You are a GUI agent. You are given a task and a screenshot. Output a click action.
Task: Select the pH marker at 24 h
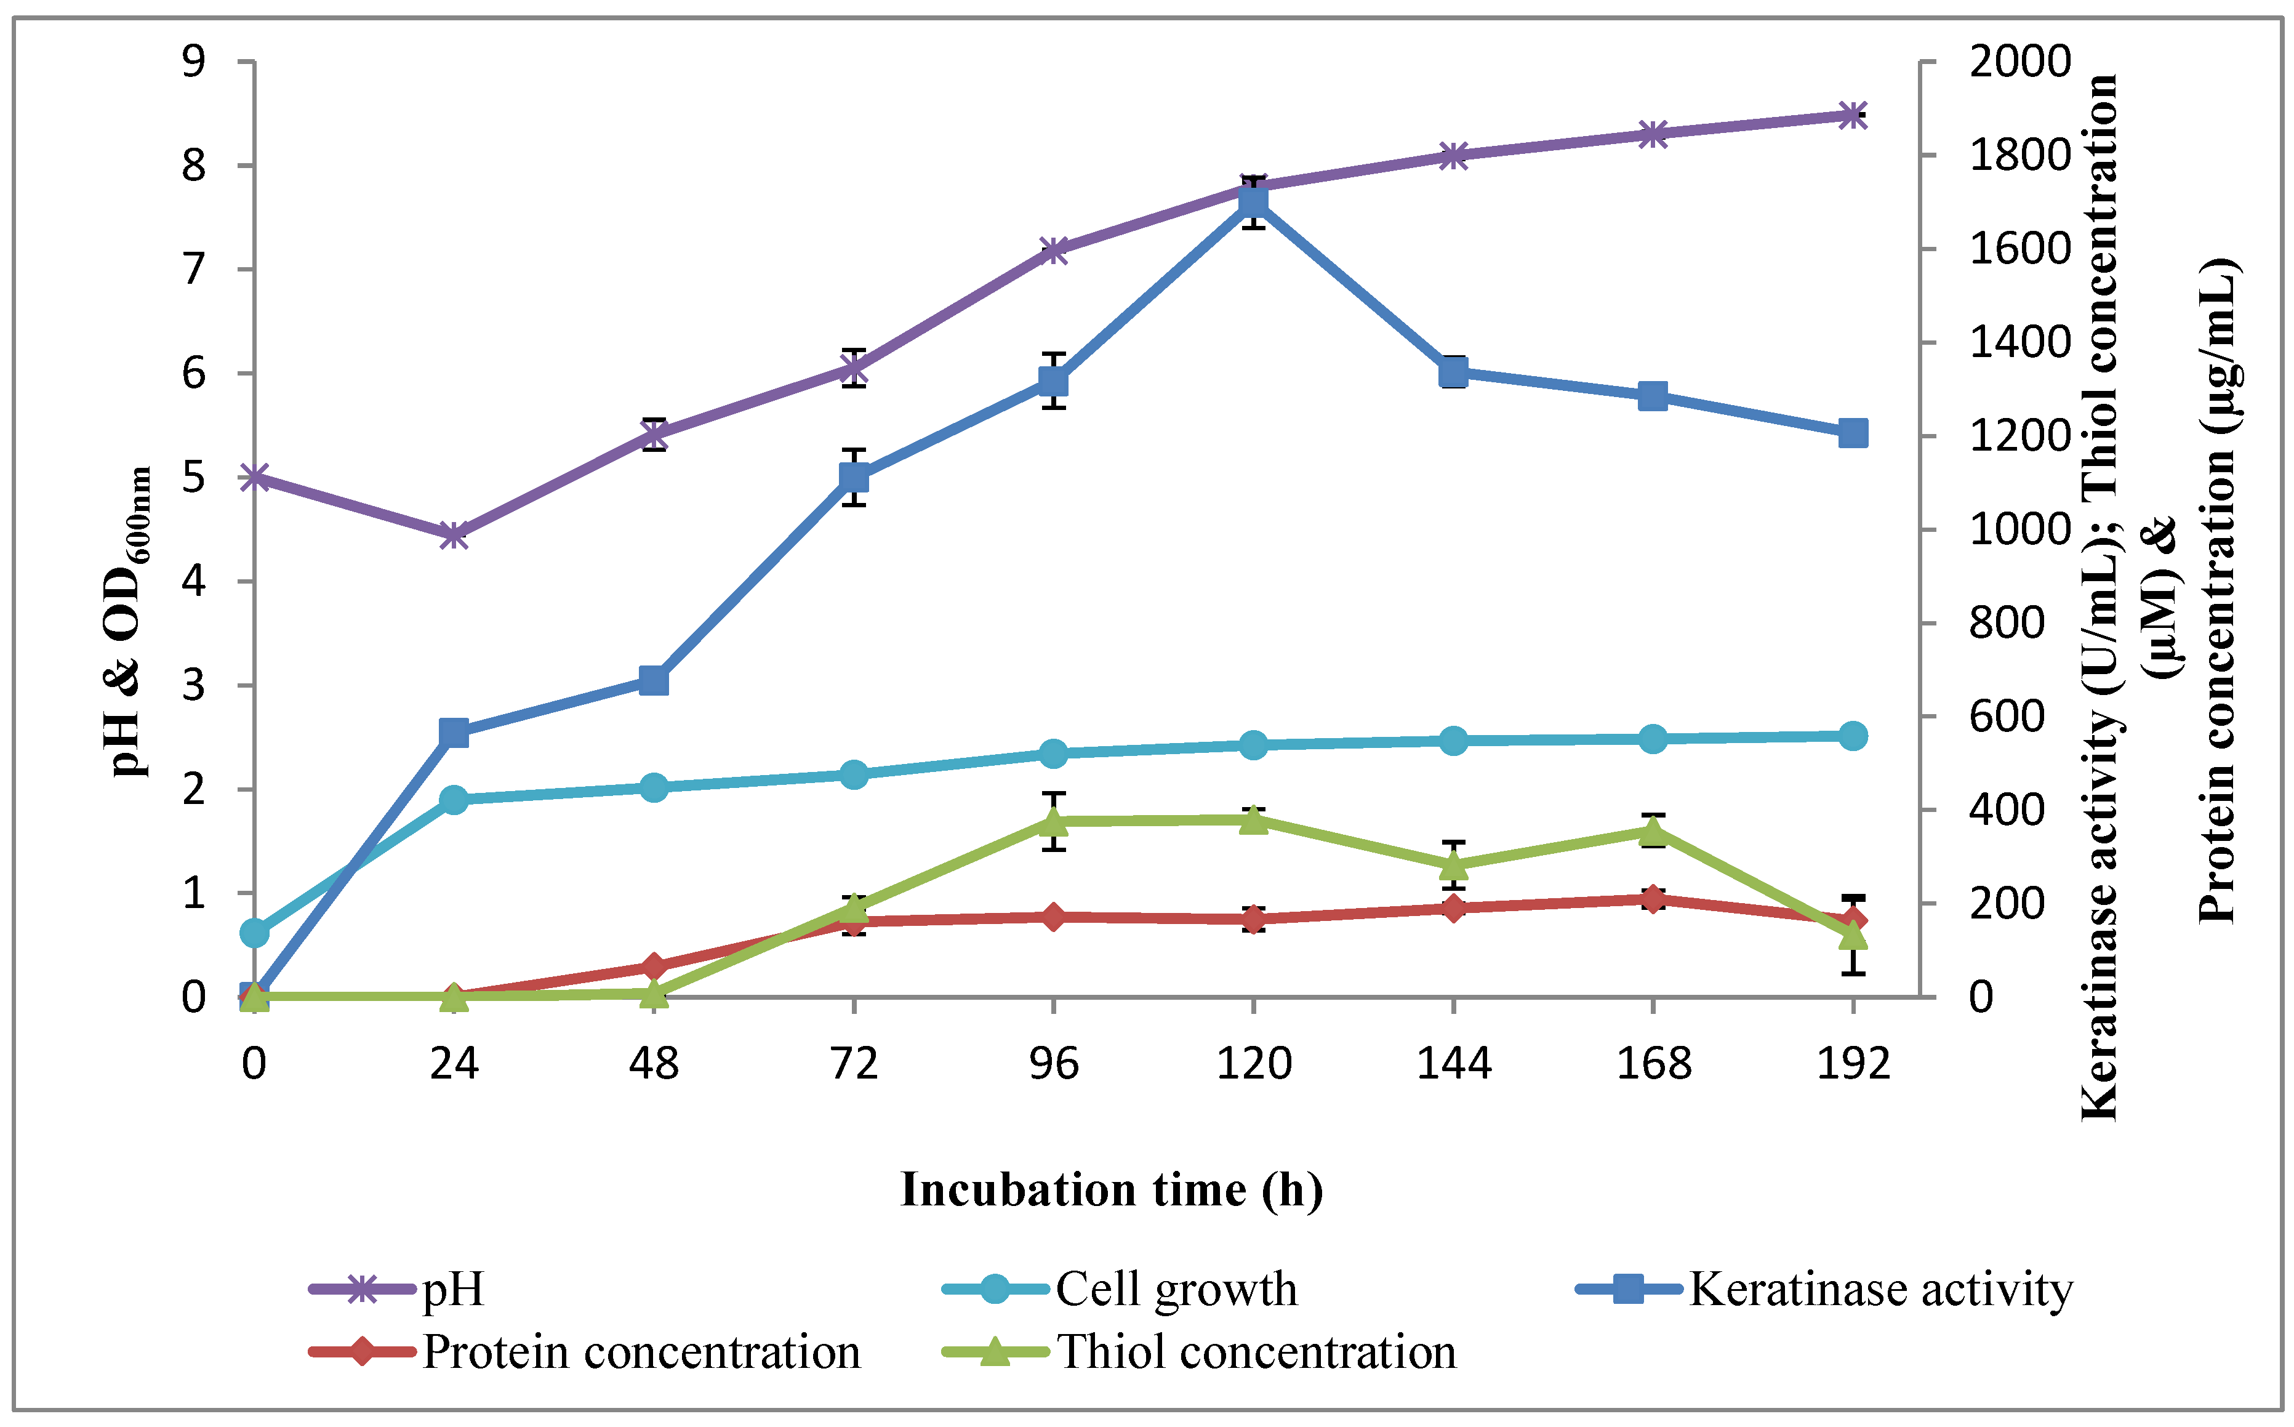click(454, 535)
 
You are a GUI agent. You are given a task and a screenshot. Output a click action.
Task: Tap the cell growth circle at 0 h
click(254, 933)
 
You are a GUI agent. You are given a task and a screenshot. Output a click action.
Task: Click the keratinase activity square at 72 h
click(853, 476)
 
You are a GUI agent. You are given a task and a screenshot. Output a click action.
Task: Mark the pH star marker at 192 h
click(1853, 115)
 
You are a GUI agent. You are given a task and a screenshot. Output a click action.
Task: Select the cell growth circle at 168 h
click(1652, 739)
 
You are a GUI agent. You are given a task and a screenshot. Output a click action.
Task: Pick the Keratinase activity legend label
click(1880, 1289)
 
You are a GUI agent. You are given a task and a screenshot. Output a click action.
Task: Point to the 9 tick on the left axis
click(193, 62)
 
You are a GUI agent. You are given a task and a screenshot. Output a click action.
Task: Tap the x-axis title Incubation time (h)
click(1110, 1189)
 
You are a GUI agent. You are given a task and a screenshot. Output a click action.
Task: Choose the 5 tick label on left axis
click(193, 478)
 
